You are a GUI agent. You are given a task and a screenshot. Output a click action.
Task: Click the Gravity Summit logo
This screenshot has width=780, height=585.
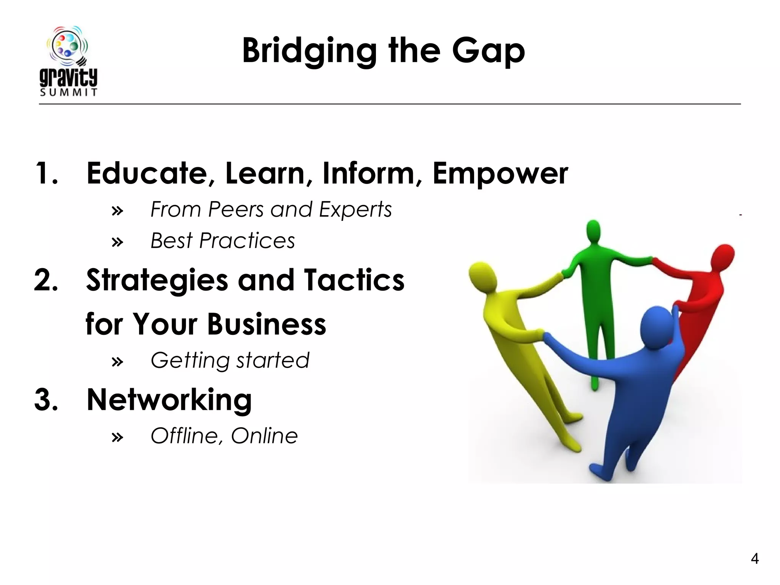tap(69, 61)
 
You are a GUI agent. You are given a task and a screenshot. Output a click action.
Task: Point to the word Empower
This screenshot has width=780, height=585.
tap(500, 174)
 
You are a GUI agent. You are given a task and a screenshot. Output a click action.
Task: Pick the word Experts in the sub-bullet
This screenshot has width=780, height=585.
tap(355, 209)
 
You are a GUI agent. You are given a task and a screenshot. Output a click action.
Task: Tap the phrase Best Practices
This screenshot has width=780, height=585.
tap(223, 241)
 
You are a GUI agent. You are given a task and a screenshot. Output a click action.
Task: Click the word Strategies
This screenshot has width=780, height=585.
tap(157, 281)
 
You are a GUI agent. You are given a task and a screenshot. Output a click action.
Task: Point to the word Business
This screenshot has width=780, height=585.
tap(267, 324)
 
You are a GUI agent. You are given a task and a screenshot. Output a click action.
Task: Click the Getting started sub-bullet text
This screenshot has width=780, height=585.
tap(230, 360)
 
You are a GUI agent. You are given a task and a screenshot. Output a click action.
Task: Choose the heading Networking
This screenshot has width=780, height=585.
tap(169, 400)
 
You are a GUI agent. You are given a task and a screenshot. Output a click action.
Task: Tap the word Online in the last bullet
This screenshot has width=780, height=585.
tap(264, 436)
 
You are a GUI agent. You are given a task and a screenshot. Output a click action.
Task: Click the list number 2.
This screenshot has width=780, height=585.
tap(46, 280)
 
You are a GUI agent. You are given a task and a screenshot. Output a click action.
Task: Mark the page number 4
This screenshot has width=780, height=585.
tap(754, 559)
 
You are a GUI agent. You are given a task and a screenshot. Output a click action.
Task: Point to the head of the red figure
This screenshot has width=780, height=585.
tap(723, 257)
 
